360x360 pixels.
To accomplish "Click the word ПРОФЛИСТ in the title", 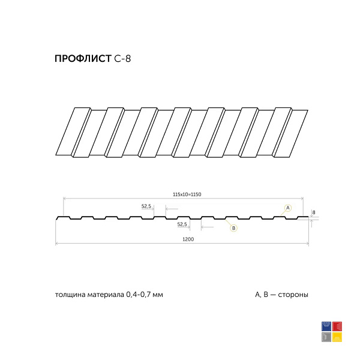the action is pos(83,59).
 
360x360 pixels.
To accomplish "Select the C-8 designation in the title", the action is pos(122,59).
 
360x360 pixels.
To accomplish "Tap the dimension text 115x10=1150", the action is pos(187,194).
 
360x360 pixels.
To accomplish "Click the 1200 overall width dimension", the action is pos(188,239).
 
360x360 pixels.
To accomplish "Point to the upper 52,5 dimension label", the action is pos(146,206).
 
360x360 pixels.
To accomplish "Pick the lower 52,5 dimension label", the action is pos(182,224).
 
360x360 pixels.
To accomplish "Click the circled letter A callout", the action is pos(287,208).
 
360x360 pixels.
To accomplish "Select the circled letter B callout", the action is pos(234,228).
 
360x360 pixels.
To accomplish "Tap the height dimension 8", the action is pos(314,212).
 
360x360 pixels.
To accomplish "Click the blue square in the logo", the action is pos(326,326).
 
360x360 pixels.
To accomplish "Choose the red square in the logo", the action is pos(337,326).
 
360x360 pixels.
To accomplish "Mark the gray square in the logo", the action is pos(326,337).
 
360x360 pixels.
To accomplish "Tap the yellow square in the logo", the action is pos(337,337).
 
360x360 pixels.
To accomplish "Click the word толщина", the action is pos(68,295).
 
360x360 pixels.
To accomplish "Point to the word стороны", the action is pos(293,295).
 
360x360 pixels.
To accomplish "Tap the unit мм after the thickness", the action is pos(157,295).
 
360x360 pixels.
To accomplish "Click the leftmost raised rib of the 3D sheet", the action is pos(73,132).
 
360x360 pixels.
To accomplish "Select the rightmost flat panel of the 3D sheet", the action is pos(291,133).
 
